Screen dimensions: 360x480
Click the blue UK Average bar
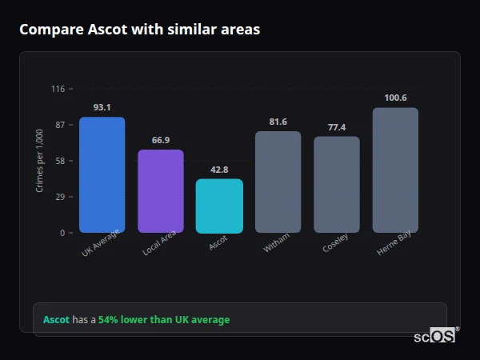point(102,175)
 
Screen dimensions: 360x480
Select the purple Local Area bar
point(160,191)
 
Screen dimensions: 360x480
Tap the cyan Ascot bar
point(219,206)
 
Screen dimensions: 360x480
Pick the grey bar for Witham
point(278,182)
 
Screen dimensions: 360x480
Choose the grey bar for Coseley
point(336,185)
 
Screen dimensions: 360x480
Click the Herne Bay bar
point(395,170)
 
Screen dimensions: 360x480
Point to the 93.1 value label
point(102,107)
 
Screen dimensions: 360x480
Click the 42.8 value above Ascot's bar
point(219,170)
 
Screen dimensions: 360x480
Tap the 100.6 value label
point(395,98)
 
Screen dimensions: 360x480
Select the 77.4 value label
point(336,127)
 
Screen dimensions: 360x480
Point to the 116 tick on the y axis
point(58,89)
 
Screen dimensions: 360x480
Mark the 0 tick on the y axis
point(62,233)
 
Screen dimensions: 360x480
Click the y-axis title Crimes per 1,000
point(40,161)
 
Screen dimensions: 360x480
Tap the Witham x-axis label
point(276,244)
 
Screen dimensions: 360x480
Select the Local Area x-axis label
point(159,245)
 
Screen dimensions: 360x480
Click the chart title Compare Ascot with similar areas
point(139,30)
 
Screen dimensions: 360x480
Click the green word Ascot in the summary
point(56,320)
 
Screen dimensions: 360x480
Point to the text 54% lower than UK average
point(163,320)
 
